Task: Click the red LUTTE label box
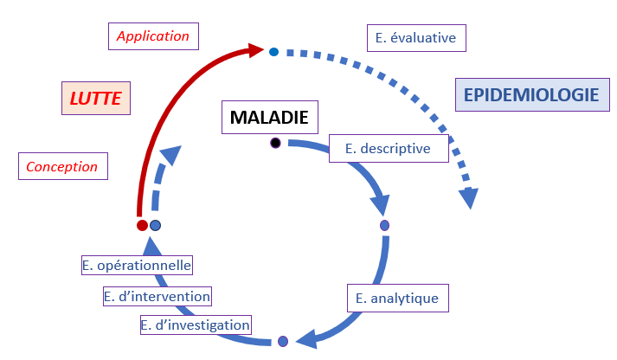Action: [x=96, y=99]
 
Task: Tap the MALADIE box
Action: [x=269, y=116]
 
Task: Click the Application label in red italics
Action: [x=153, y=36]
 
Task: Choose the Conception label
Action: [x=62, y=166]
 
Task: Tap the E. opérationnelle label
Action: [x=137, y=266]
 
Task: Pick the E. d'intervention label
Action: [x=157, y=296]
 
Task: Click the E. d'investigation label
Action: [x=196, y=325]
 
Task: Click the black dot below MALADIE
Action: [x=275, y=143]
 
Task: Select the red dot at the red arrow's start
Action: [x=142, y=225]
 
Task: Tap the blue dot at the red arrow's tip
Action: [x=273, y=52]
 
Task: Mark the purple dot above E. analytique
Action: [x=385, y=226]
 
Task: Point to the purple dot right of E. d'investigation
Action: [x=282, y=342]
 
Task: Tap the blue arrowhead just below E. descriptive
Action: [x=382, y=205]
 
